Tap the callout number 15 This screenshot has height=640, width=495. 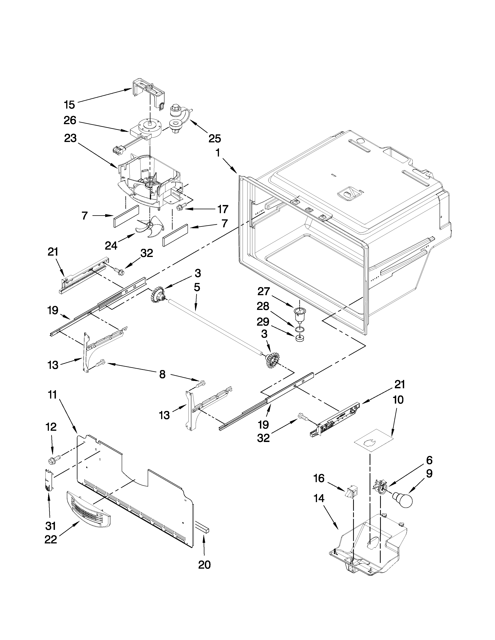(x=69, y=105)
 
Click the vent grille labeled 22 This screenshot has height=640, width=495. (x=88, y=510)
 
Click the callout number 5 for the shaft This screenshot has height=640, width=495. (x=197, y=287)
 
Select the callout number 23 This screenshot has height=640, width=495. (x=70, y=138)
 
